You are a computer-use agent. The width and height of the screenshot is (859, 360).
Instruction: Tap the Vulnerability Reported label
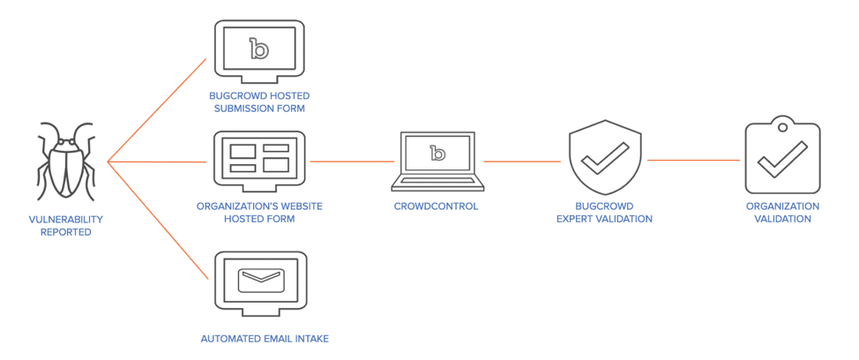66,225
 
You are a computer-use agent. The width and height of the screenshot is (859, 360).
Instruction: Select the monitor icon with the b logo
259,50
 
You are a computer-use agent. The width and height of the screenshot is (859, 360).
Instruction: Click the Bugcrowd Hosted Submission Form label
259,101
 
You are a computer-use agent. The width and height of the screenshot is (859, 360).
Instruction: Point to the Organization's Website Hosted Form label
259,212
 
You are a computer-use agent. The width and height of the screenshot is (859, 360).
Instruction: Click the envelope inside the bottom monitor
260,278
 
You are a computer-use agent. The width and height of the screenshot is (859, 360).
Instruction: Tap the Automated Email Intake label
259,338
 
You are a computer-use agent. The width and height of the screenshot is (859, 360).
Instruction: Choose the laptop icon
437,160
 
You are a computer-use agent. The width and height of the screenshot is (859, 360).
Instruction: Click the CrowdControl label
437,206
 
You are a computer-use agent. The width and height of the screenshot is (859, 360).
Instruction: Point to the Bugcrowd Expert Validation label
604,212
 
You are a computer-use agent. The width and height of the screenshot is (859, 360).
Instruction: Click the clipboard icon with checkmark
782,157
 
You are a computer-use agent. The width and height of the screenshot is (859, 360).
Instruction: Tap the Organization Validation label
782,212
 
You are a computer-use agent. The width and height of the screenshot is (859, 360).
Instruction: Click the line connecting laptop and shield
522,161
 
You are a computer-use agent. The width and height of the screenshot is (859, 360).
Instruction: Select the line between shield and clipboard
693,161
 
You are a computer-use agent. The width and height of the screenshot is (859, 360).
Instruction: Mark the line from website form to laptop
352,161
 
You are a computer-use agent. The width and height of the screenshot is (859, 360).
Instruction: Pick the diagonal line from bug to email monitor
157,220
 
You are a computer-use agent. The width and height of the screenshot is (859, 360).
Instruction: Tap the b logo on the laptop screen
437,153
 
